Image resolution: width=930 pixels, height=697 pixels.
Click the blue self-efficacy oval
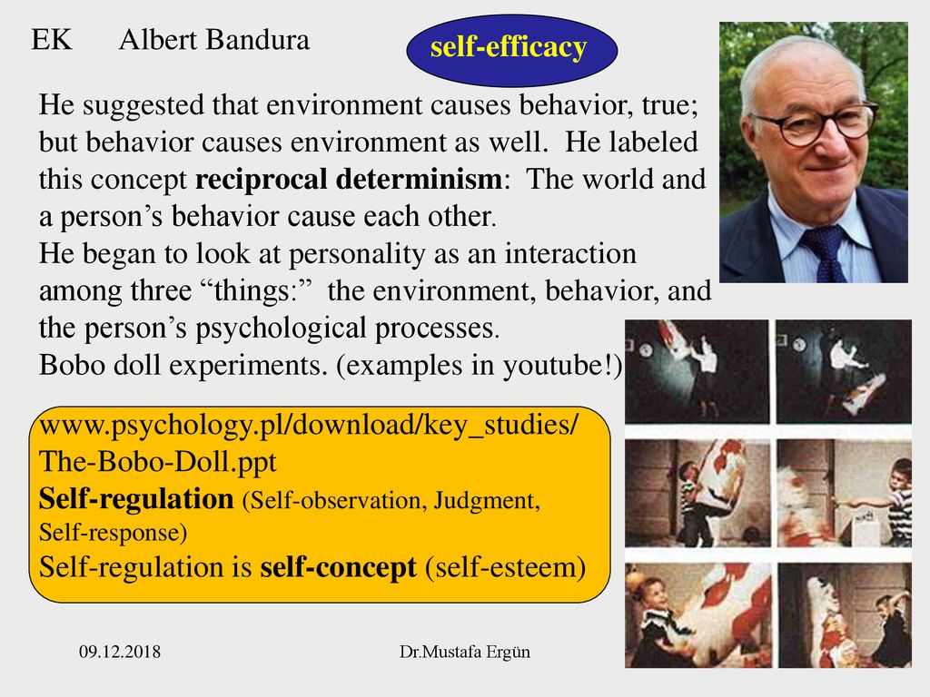click(512, 51)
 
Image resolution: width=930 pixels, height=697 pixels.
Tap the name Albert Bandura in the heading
click(214, 40)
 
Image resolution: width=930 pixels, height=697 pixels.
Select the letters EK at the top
click(52, 40)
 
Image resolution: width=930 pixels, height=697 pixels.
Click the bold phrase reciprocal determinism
click(349, 179)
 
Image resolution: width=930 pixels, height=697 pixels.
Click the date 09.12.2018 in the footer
click(120, 652)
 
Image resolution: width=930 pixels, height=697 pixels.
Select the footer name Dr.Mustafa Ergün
click(465, 652)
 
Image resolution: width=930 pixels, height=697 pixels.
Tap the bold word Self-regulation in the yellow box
click(136, 499)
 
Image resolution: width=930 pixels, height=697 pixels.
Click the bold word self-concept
click(338, 567)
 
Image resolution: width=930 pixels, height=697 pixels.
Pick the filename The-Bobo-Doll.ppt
click(158, 462)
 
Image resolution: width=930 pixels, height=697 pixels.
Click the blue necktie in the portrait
click(826, 253)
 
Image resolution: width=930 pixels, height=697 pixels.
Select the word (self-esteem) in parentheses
click(505, 568)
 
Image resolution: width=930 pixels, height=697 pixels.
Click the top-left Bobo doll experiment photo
click(697, 371)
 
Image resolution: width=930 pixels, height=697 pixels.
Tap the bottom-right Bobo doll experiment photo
click(845, 615)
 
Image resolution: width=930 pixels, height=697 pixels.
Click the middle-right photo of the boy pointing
click(845, 493)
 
